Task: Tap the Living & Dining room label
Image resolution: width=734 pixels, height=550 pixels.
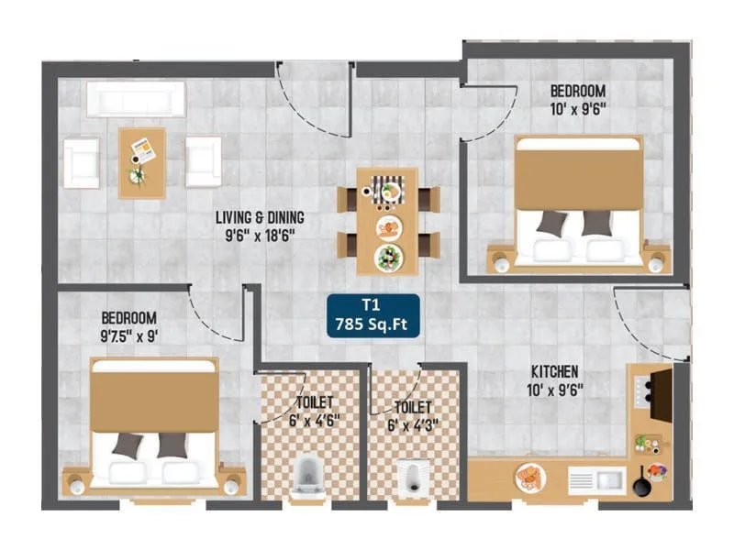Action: (260, 218)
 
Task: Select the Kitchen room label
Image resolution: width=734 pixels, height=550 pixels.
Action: (554, 371)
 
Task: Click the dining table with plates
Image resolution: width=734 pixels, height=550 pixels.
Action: (387, 221)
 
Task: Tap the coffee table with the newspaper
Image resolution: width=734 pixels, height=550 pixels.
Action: (141, 162)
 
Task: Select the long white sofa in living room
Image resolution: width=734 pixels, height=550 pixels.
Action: (136, 99)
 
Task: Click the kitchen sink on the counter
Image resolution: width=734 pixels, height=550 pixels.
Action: (596, 479)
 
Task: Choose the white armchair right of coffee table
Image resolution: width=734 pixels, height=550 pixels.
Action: (203, 161)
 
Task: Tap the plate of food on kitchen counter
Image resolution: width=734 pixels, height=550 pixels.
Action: (529, 477)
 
